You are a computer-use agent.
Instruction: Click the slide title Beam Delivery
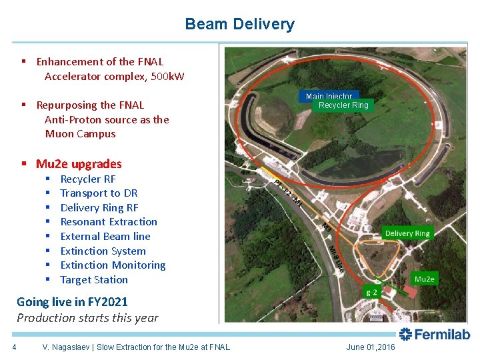(x=239, y=24)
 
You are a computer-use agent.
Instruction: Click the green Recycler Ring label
(x=343, y=105)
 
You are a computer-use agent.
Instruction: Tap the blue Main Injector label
(x=328, y=96)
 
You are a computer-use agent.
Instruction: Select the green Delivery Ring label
(x=407, y=233)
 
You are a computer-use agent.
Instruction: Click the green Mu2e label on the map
(x=425, y=279)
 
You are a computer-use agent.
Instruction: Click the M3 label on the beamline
(x=326, y=227)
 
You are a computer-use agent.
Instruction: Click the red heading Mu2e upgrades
(x=79, y=164)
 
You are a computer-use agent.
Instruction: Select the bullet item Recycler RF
(x=87, y=179)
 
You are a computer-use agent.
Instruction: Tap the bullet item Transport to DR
(x=99, y=193)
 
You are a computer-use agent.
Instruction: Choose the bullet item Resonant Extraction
(x=109, y=222)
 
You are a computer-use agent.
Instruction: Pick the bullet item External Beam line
(x=105, y=237)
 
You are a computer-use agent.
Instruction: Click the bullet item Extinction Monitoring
(x=113, y=265)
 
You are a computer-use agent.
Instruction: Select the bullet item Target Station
(x=94, y=280)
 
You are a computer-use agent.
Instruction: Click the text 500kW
(x=167, y=76)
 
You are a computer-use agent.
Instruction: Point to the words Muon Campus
(x=80, y=134)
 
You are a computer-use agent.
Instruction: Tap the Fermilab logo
(x=434, y=335)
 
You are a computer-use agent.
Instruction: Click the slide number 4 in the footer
(x=14, y=347)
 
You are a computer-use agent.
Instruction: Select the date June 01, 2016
(x=370, y=347)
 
